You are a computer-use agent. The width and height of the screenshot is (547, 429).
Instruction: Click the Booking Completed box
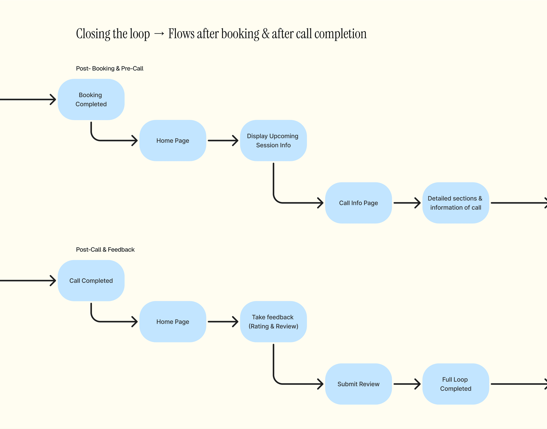point(91,99)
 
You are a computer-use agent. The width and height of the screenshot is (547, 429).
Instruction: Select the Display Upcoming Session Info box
point(273,140)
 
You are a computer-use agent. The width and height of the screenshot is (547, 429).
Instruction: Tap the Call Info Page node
point(358,203)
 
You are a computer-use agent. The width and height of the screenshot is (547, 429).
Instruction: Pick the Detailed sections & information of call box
point(456,203)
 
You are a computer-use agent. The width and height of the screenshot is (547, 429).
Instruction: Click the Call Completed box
point(91,281)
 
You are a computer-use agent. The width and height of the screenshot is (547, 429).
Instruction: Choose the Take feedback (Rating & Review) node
point(273,321)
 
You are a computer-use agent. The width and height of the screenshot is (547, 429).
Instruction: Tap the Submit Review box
point(358,384)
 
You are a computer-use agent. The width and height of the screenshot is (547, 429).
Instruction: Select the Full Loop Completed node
point(456,384)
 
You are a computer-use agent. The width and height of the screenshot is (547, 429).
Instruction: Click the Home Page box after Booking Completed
point(173,140)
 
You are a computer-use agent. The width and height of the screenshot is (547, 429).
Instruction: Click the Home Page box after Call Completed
point(173,321)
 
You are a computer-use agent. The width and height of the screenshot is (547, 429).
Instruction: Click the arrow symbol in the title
point(159,33)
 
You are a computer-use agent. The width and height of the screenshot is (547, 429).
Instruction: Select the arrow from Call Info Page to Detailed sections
point(407,203)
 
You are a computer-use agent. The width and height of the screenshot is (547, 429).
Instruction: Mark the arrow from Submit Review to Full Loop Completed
point(407,384)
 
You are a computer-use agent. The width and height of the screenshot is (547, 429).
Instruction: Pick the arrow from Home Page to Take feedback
point(223,321)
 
